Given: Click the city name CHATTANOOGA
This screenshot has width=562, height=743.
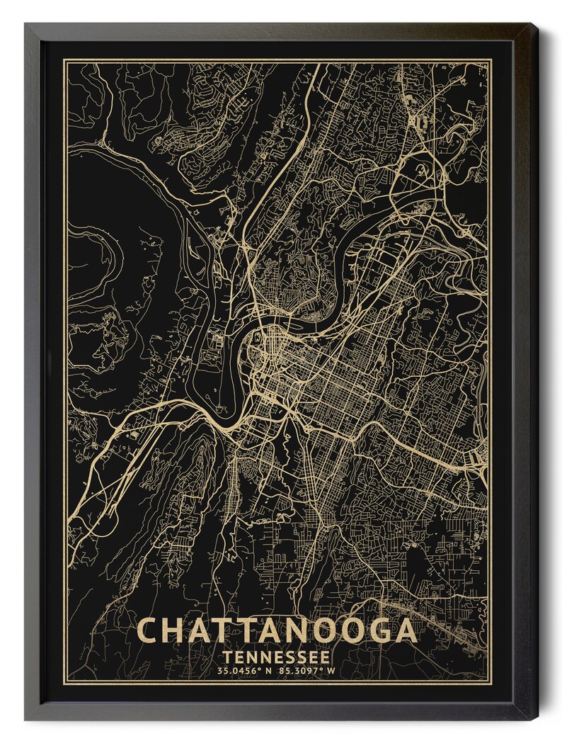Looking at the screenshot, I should point(276,630).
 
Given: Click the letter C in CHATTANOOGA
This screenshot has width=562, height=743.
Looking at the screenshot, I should point(149,630).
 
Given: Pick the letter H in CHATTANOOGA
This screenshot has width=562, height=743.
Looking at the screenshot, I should point(177,630).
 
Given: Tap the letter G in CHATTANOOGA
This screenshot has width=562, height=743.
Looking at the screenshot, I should point(373,630).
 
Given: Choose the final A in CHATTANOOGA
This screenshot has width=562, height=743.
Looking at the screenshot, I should point(403,630).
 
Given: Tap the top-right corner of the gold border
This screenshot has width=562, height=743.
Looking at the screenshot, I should point(491,61).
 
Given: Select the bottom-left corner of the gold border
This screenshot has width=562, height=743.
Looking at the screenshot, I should point(64,683).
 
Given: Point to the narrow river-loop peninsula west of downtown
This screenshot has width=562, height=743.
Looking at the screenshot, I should point(225,375).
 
